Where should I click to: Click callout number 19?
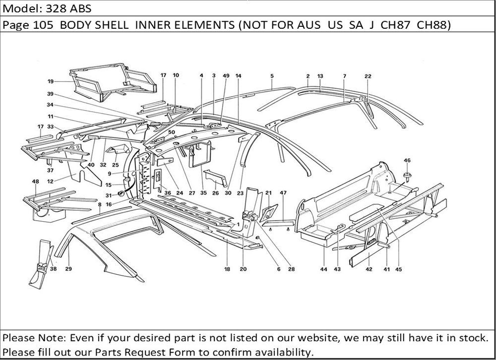coord(51,81)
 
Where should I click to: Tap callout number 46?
coord(407,160)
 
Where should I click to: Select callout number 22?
coord(368,76)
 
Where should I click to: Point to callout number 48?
coord(35,181)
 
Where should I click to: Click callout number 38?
coord(53,269)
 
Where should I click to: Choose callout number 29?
coord(68,269)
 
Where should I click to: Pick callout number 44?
coord(323,269)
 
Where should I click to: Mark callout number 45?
coord(399,269)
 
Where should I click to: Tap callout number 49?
coord(226,75)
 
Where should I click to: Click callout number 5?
coord(272,76)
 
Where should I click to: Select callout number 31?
coord(109,195)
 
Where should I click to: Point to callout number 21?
coord(268,193)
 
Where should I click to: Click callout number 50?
coord(172,132)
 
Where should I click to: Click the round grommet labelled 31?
coord(121,193)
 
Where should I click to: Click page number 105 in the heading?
coord(43,24)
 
